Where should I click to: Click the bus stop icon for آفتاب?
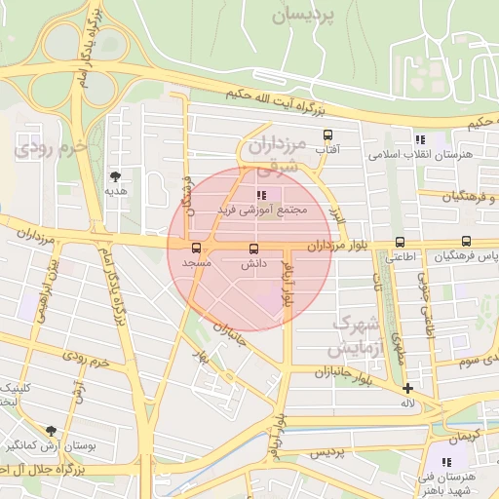pyautogui.click(x=326, y=135)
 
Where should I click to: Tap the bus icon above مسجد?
pyautogui.click(x=197, y=249)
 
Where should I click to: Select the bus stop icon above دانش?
pyautogui.click(x=254, y=249)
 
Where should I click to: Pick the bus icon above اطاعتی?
pyautogui.click(x=400, y=243)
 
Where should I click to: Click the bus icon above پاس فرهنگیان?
pyautogui.click(x=466, y=242)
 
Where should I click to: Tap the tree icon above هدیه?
pyautogui.click(x=117, y=176)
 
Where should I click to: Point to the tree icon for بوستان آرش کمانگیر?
pyautogui.click(x=51, y=430)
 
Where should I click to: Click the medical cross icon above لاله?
pyautogui.click(x=407, y=389)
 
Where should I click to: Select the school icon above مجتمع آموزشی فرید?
pyautogui.click(x=259, y=194)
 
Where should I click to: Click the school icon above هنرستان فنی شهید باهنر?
pyautogui.click(x=445, y=462)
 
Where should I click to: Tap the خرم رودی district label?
pyautogui.click(x=49, y=148)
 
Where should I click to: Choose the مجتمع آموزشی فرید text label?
pyautogui.click(x=260, y=210)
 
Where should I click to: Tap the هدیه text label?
pyautogui.click(x=117, y=192)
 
